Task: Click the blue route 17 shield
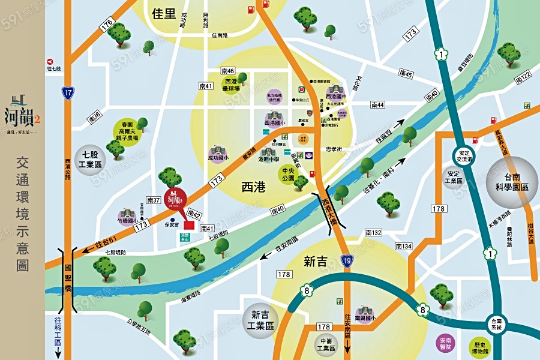(x=68, y=92)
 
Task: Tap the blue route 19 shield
(x=347, y=259)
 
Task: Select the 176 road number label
(x=107, y=25)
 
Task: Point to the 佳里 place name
(x=163, y=13)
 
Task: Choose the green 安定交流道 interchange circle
(x=463, y=155)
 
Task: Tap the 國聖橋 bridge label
(x=68, y=279)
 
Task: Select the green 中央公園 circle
(x=290, y=174)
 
